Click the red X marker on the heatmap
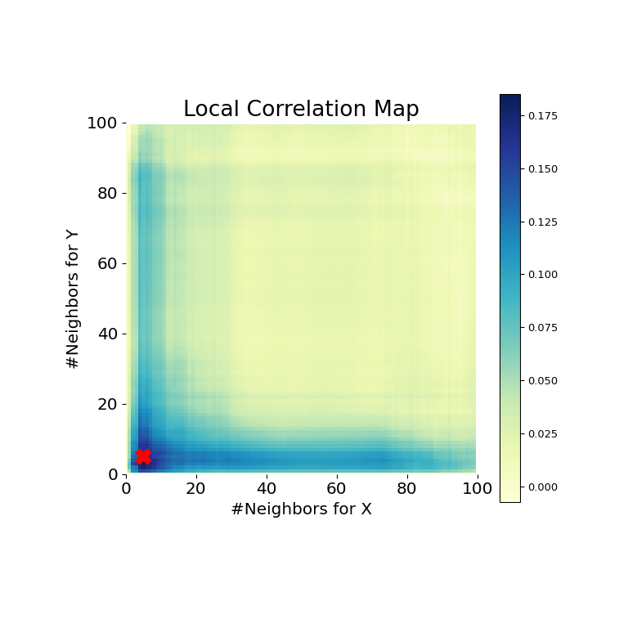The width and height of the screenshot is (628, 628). click(x=143, y=456)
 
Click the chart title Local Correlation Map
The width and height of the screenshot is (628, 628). click(x=301, y=110)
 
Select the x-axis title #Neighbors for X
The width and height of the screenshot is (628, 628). click(x=301, y=509)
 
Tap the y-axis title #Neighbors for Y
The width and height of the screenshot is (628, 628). click(x=74, y=298)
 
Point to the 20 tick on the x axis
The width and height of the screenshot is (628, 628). click(x=196, y=489)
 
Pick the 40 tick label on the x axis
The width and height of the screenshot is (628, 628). click(x=267, y=489)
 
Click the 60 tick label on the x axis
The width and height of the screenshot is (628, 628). click(x=337, y=489)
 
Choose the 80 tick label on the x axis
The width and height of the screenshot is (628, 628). click(x=407, y=489)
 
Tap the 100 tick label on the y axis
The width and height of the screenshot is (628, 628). click(x=104, y=123)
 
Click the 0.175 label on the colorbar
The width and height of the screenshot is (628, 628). click(x=543, y=116)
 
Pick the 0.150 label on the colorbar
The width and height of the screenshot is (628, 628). click(x=543, y=169)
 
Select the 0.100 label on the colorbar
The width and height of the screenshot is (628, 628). click(x=543, y=275)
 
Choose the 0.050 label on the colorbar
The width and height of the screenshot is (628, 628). click(x=543, y=381)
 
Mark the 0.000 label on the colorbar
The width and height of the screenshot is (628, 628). click(x=543, y=487)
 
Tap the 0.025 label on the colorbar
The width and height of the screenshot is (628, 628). click(x=543, y=434)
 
